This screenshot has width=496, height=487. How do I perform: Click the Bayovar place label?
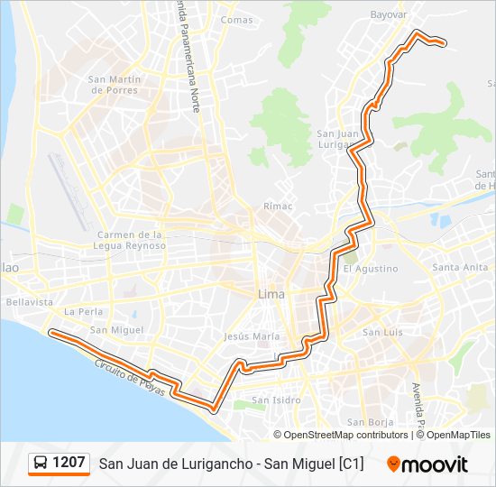tap(389, 14)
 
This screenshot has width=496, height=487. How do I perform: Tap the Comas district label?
tap(237, 20)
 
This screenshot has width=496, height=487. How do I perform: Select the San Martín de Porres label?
tap(115, 85)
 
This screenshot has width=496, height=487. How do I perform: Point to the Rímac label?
tap(278, 207)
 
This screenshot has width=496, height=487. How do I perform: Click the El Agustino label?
tap(370, 269)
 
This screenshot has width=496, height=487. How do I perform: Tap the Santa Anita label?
tap(460, 267)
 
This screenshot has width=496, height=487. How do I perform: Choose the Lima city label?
tap(271, 295)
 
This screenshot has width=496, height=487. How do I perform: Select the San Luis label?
tap(381, 332)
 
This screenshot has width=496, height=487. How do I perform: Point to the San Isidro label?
tap(274, 400)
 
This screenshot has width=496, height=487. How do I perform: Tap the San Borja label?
tap(368, 421)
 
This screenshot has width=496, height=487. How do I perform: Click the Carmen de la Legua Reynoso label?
tap(131, 240)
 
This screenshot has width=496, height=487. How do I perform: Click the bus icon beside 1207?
tap(41, 464)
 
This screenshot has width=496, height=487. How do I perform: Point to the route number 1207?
tap(69, 463)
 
